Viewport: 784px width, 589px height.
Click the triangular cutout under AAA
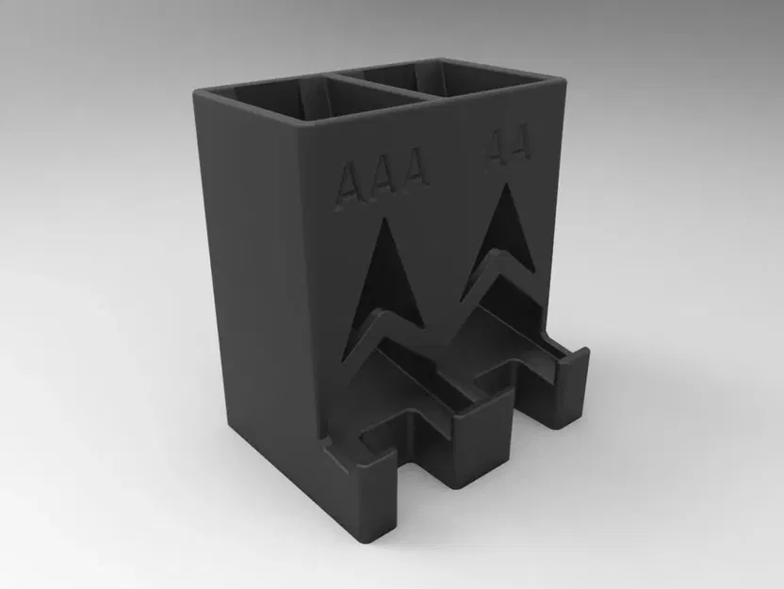tap(378, 283)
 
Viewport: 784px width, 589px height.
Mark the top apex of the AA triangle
tap(508, 185)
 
